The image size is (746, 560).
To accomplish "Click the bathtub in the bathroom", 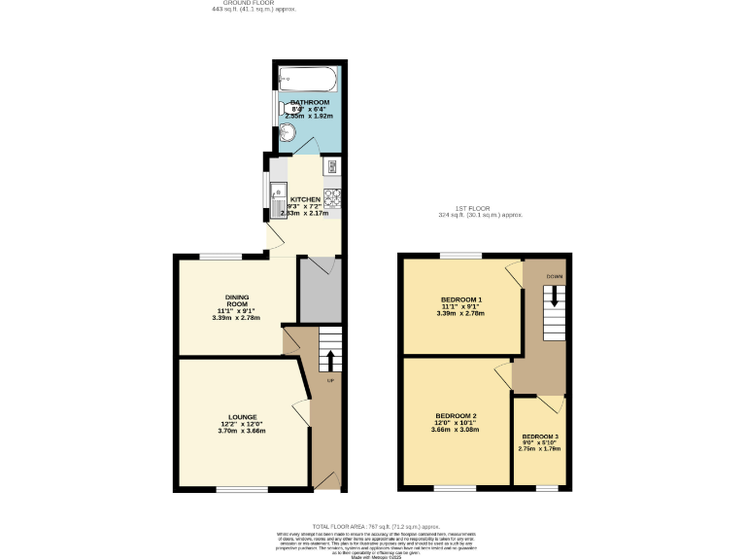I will pos(305,79).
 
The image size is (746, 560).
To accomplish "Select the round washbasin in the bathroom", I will pos(288,132).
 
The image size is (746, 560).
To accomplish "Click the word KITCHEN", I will pos(305,199).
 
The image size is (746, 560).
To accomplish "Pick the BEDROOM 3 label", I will pos(540,437).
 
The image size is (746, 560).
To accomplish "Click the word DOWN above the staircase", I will pos(554,277).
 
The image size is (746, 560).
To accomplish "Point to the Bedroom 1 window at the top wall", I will pos(460,256).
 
